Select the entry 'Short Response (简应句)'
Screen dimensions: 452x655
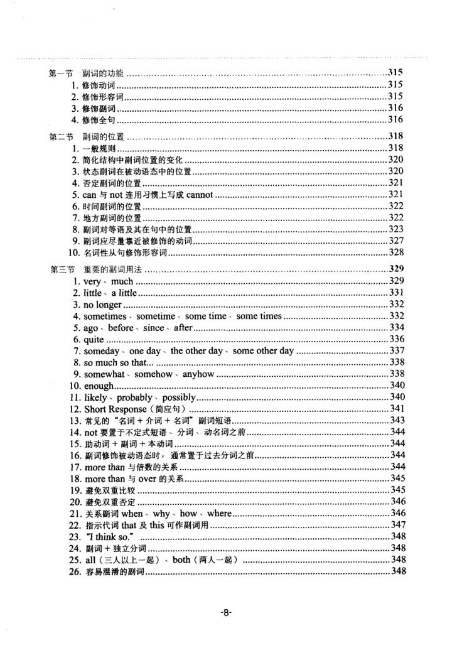click(x=132, y=408)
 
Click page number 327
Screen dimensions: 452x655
click(x=395, y=241)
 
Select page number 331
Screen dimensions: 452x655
click(x=395, y=293)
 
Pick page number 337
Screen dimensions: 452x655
click(x=395, y=350)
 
